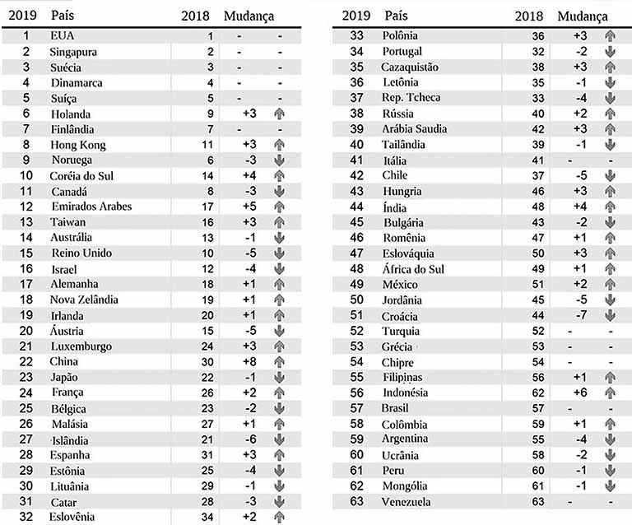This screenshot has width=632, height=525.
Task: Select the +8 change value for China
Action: [249, 361]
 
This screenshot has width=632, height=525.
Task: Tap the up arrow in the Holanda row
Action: [280, 114]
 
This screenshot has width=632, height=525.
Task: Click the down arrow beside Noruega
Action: [280, 160]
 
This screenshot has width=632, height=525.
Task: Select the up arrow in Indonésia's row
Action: [610, 393]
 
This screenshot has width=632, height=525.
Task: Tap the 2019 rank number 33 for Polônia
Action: [356, 35]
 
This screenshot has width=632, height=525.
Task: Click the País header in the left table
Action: [63, 16]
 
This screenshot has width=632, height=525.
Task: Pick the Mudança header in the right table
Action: [583, 16]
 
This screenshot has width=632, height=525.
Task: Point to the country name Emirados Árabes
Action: [91, 207]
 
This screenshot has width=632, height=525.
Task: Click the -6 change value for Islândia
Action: [249, 439]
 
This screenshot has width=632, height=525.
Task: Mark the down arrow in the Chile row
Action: [610, 175]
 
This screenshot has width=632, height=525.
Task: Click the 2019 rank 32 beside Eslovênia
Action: [26, 517]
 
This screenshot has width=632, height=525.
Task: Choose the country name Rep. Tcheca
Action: [411, 97]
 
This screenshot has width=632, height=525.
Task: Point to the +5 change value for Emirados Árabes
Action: [249, 207]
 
